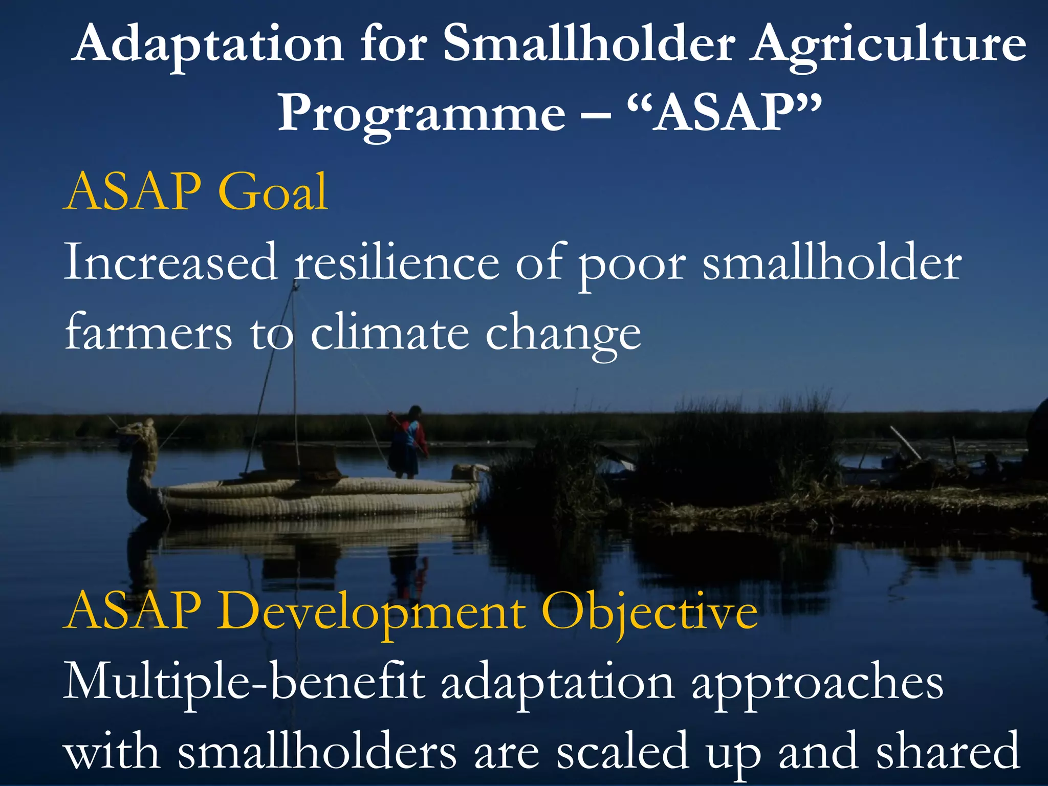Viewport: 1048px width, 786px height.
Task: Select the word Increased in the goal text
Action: [x=170, y=263]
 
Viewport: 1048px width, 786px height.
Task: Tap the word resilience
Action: [x=397, y=263]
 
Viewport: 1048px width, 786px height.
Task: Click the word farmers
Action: [x=148, y=333]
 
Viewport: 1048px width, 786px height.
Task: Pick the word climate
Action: [x=389, y=333]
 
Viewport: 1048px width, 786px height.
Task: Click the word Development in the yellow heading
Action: [x=373, y=612]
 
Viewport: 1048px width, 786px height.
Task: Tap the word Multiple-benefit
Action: [x=244, y=682]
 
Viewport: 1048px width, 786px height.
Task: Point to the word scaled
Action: [x=622, y=751]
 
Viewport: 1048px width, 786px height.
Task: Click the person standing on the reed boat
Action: [x=408, y=441]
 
